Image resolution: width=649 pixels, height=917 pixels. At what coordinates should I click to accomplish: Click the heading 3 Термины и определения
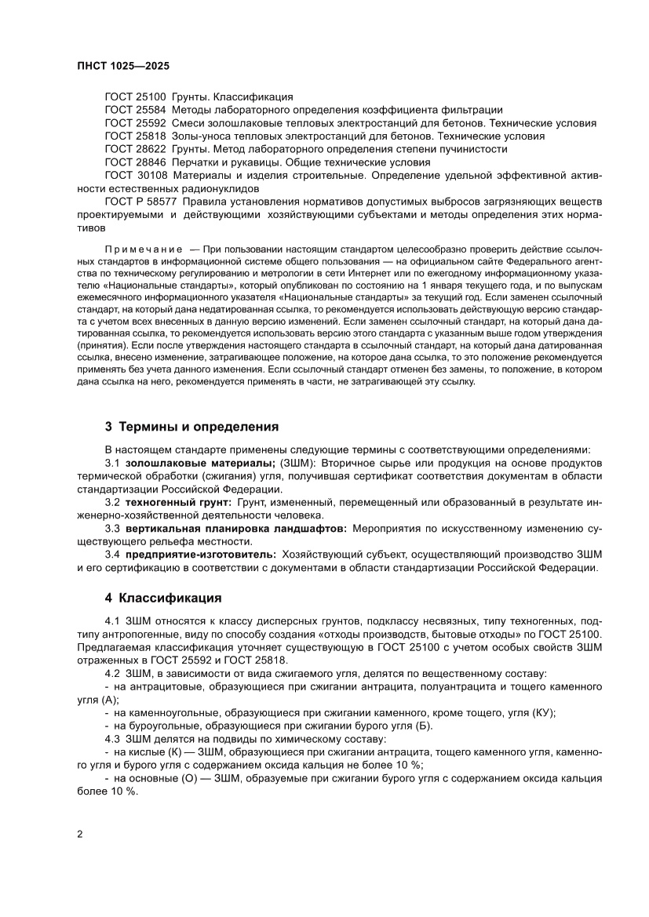[192, 427]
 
